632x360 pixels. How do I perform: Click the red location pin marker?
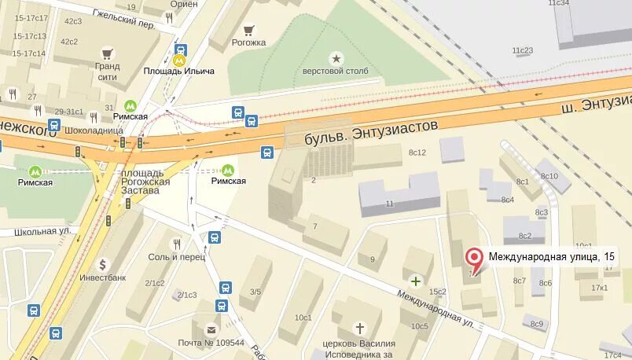[473, 259]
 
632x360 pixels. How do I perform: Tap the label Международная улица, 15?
[549, 256]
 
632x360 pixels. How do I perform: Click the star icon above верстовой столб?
[336, 57]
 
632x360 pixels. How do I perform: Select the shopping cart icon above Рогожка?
[249, 31]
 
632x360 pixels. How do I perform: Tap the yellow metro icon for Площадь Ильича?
[179, 57]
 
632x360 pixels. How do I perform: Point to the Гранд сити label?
[107, 72]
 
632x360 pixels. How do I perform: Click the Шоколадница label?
[94, 130]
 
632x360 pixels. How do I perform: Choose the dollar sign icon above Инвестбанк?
[103, 264]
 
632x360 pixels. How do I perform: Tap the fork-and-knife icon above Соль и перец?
[177, 243]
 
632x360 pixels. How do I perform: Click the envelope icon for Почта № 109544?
[211, 330]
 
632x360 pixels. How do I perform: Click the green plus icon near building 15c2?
[415, 280]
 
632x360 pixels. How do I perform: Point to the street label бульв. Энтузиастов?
[370, 132]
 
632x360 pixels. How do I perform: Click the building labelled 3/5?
[255, 292]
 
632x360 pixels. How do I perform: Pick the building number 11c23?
[523, 50]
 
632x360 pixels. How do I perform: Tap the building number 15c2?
[437, 292]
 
